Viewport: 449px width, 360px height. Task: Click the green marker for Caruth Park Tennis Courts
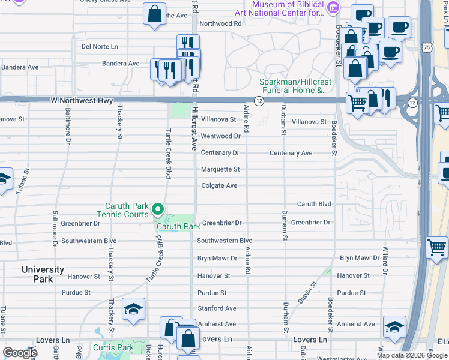[158, 209]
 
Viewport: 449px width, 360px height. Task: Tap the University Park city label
[43, 274]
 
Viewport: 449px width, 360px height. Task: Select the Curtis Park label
[113, 347]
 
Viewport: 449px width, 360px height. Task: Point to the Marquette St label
[220, 169]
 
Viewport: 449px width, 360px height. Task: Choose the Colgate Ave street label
[219, 185]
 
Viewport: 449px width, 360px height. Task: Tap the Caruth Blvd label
[314, 204]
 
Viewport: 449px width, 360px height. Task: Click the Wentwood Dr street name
[220, 136]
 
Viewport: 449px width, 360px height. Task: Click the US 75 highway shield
[426, 47]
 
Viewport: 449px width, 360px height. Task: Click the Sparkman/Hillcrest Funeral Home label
[294, 86]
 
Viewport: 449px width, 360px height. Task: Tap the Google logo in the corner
[20, 352]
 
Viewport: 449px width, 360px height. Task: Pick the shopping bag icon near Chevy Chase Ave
[154, 14]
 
